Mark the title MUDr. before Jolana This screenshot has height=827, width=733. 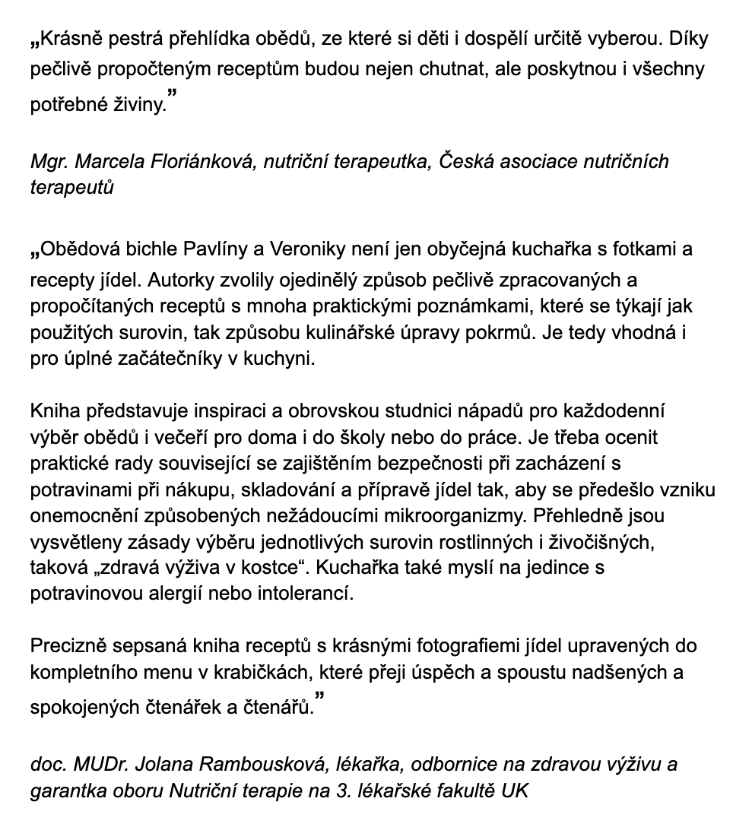[97, 764]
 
